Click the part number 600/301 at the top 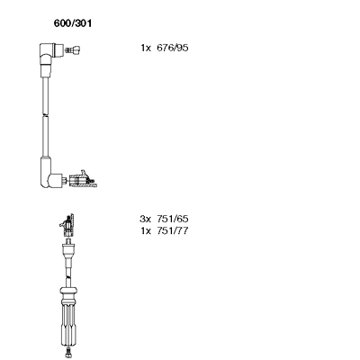pos(73,23)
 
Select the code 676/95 pos(173,48)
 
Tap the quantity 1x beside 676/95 pos(146,48)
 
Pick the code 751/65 pos(173,219)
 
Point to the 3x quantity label pos(145,219)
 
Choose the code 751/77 pos(173,230)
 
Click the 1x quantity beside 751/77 pos(146,230)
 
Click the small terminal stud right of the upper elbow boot pos(73,50)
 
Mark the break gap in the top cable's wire pos(45,115)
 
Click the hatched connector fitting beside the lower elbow pos(82,179)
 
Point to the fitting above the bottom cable pos(67,225)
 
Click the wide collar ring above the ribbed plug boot pos(68,291)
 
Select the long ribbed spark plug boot pos(68,322)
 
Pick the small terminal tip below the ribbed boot pos(68,353)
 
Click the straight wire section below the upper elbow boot pos(45,95)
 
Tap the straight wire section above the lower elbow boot pos(45,137)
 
